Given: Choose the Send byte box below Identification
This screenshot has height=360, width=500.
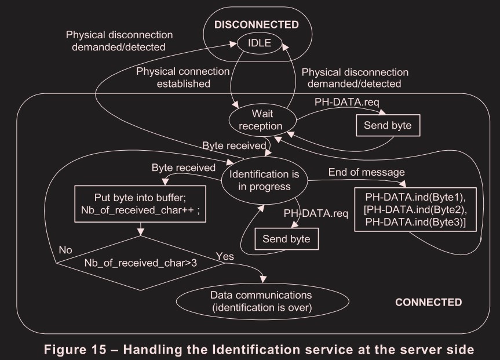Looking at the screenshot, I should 286,238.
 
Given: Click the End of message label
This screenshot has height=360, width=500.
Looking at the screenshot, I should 366,172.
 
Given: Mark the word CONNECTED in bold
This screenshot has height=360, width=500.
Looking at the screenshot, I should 428,302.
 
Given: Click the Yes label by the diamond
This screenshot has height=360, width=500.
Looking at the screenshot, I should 224,255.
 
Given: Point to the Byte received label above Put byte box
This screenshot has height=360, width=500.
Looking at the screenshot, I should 179,168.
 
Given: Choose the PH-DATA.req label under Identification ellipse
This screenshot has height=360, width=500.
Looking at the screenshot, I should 316,213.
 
